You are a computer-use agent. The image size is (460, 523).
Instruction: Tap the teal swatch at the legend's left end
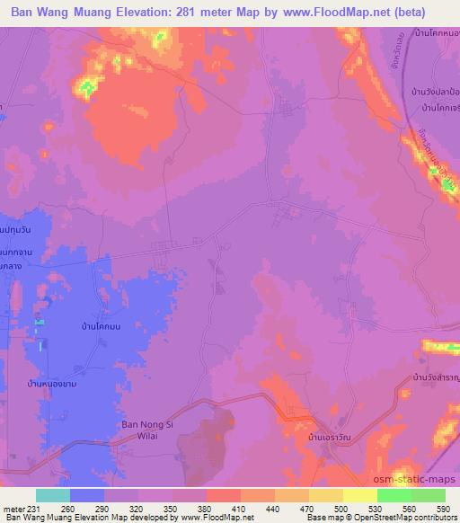pos(52,494)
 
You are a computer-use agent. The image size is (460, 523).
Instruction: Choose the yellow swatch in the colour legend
pos(360,494)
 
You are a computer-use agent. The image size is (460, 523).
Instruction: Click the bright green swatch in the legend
pos(394,494)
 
